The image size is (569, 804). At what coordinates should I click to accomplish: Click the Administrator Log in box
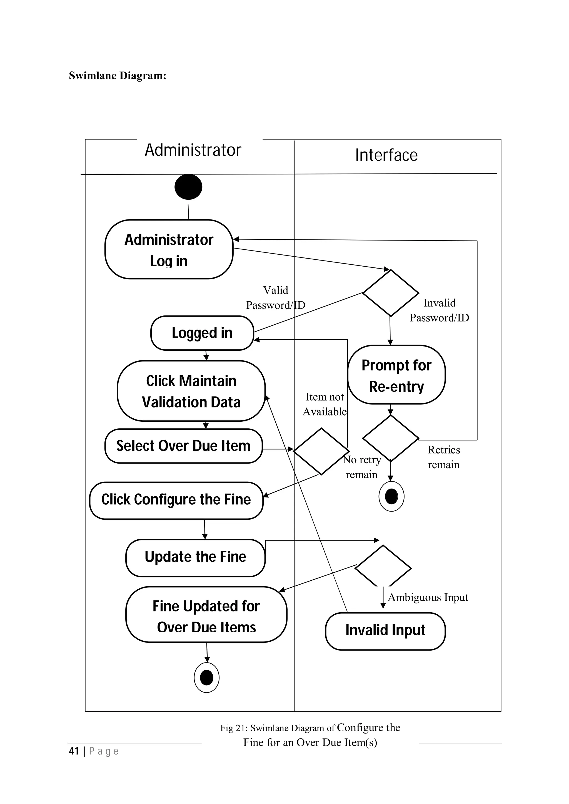(x=169, y=250)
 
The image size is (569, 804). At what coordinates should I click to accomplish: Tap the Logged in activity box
(x=202, y=333)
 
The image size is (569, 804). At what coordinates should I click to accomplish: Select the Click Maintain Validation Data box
(x=191, y=391)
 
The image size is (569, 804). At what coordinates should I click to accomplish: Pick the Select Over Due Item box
(x=183, y=446)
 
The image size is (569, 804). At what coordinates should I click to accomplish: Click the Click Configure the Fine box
(x=176, y=500)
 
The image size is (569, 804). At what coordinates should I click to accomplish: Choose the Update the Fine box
(x=195, y=557)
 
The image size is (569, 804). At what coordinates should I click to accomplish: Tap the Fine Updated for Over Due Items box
(x=206, y=616)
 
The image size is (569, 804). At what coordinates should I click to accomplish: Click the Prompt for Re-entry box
(x=396, y=375)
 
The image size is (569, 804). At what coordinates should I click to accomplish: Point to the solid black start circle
(x=188, y=187)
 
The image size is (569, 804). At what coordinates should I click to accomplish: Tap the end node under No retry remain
(x=391, y=497)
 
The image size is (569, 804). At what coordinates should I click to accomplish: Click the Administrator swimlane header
(x=193, y=150)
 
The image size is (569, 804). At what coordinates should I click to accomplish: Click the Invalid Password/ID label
(x=439, y=310)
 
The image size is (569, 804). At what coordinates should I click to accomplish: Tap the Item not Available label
(x=325, y=404)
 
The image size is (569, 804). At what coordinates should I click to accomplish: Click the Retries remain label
(x=443, y=457)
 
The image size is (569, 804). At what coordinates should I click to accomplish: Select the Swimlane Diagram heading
(x=118, y=76)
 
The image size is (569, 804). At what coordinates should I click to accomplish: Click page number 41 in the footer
(x=74, y=751)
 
